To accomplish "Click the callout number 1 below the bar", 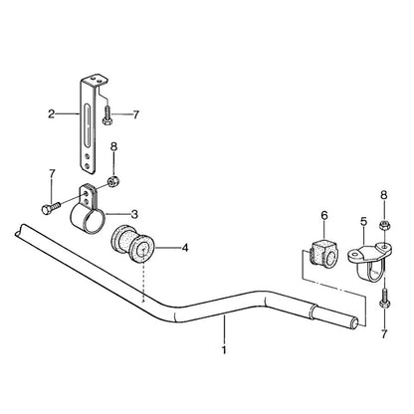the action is pyautogui.click(x=225, y=350).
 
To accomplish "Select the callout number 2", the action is pyautogui.click(x=51, y=114).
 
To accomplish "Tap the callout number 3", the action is pyautogui.click(x=134, y=214).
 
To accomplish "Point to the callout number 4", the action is pyautogui.click(x=185, y=248).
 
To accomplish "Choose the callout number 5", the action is pyautogui.click(x=364, y=222).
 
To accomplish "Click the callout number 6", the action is pyautogui.click(x=324, y=215).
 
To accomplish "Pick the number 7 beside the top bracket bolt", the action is pyautogui.click(x=135, y=115).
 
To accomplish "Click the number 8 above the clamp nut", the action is pyautogui.click(x=113, y=146).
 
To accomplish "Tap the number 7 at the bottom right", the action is pyautogui.click(x=384, y=334).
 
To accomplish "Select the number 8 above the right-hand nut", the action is pyautogui.click(x=384, y=195).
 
